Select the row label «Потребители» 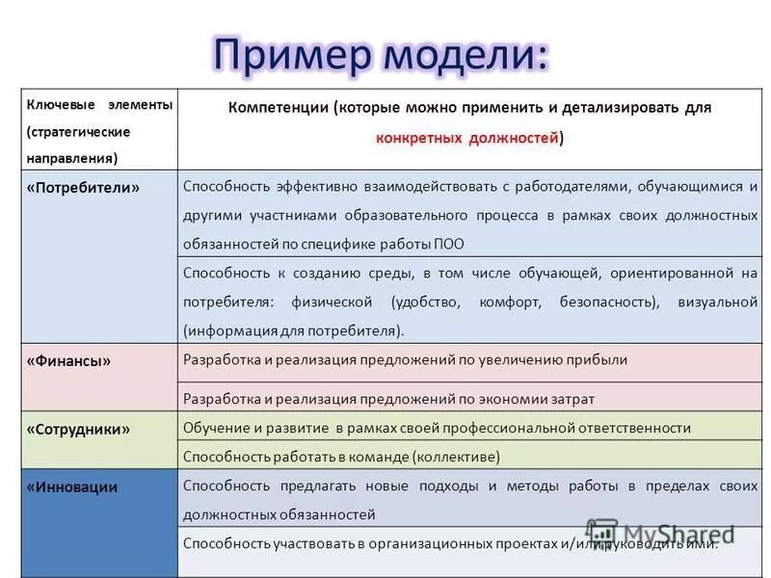83,188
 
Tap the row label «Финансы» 68,361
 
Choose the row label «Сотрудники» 78,429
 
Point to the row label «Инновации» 72,486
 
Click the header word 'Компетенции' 279,108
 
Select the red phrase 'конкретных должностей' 466,139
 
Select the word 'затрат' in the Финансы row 567,398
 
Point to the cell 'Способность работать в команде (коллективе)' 341,457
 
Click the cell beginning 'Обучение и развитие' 437,428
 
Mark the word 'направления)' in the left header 72,155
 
